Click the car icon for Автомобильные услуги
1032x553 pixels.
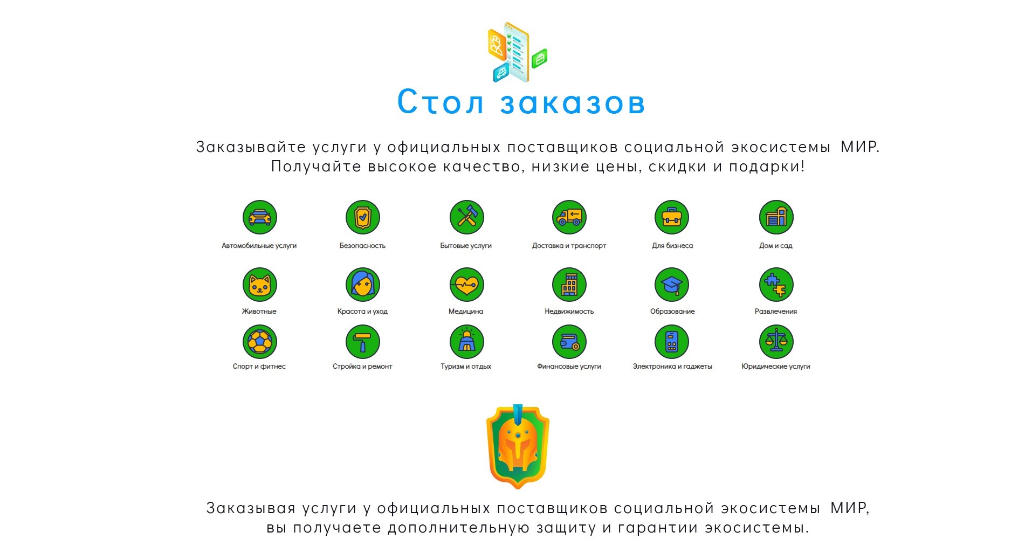click(259, 217)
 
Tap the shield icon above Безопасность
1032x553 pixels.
click(363, 217)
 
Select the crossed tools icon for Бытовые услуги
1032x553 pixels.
click(466, 217)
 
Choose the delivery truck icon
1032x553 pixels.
click(569, 217)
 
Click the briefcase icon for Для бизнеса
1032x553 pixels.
click(672, 217)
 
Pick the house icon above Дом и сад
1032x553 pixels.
click(776, 217)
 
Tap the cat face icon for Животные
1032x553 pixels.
click(259, 285)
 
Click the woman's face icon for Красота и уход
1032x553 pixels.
click(363, 285)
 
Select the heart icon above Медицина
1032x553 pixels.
click(466, 285)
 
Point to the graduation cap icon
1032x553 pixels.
click(672, 285)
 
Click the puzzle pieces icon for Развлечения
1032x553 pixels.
click(776, 285)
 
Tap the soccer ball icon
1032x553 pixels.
click(259, 342)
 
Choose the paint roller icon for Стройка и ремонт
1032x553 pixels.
click(363, 342)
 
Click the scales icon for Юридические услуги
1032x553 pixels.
click(776, 342)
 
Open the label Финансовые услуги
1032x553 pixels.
click(569, 367)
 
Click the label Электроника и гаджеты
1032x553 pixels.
click(672, 367)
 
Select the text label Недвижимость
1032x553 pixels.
click(569, 311)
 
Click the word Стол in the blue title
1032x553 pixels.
click(441, 102)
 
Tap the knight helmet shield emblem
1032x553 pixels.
click(518, 447)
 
